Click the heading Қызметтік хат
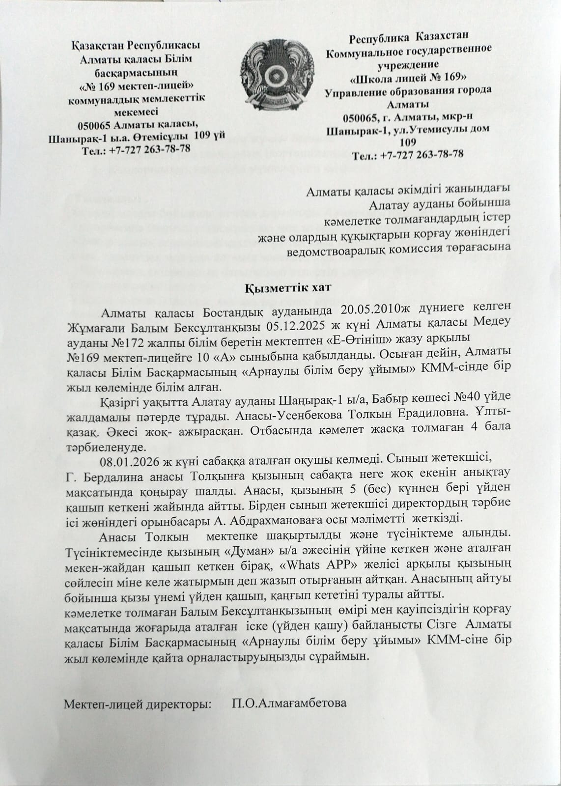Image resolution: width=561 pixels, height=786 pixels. (x=280, y=288)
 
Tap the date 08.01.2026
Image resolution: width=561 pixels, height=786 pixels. (x=127, y=460)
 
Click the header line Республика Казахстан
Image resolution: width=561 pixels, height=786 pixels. (x=409, y=37)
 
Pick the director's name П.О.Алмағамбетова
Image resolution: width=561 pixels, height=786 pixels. (x=289, y=703)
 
